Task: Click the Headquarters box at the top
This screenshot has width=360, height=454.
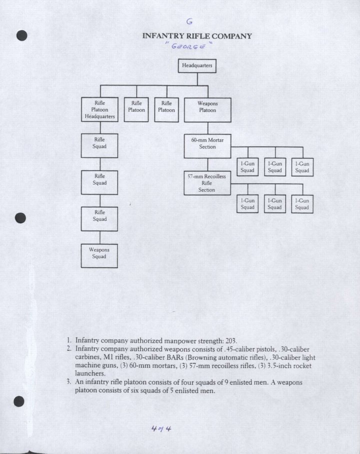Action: (197, 66)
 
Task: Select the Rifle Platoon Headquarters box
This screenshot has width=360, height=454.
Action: (99, 110)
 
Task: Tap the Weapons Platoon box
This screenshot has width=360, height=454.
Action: (207, 110)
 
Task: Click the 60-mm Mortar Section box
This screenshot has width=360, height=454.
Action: (207, 144)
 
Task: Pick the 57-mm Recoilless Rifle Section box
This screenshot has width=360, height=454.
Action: (207, 183)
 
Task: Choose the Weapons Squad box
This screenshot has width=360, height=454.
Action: (99, 255)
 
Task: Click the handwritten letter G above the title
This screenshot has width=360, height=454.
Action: (189, 22)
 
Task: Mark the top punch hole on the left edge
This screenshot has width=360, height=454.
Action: (20, 36)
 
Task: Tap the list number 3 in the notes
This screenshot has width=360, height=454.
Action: (68, 382)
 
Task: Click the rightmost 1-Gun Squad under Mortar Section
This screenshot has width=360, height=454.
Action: (302, 167)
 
